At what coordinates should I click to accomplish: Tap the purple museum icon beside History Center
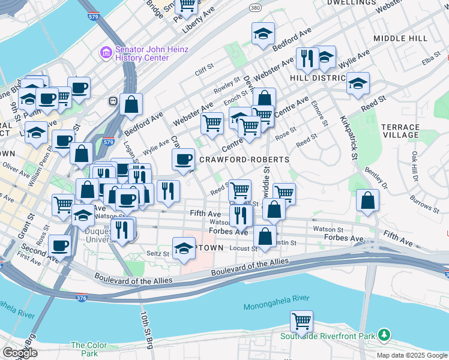[106, 53]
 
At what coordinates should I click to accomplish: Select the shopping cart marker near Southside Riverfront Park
[301, 321]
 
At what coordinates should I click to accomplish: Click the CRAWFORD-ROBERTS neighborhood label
[244, 160]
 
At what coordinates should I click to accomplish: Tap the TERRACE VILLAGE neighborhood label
[400, 131]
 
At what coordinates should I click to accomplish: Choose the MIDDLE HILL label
[400, 38]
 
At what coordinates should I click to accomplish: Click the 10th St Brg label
[146, 329]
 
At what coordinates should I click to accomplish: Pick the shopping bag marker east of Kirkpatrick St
[367, 200]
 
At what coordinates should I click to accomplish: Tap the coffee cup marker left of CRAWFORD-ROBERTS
[184, 159]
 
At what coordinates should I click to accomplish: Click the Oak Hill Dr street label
[414, 166]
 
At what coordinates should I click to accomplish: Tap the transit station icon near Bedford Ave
[112, 101]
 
